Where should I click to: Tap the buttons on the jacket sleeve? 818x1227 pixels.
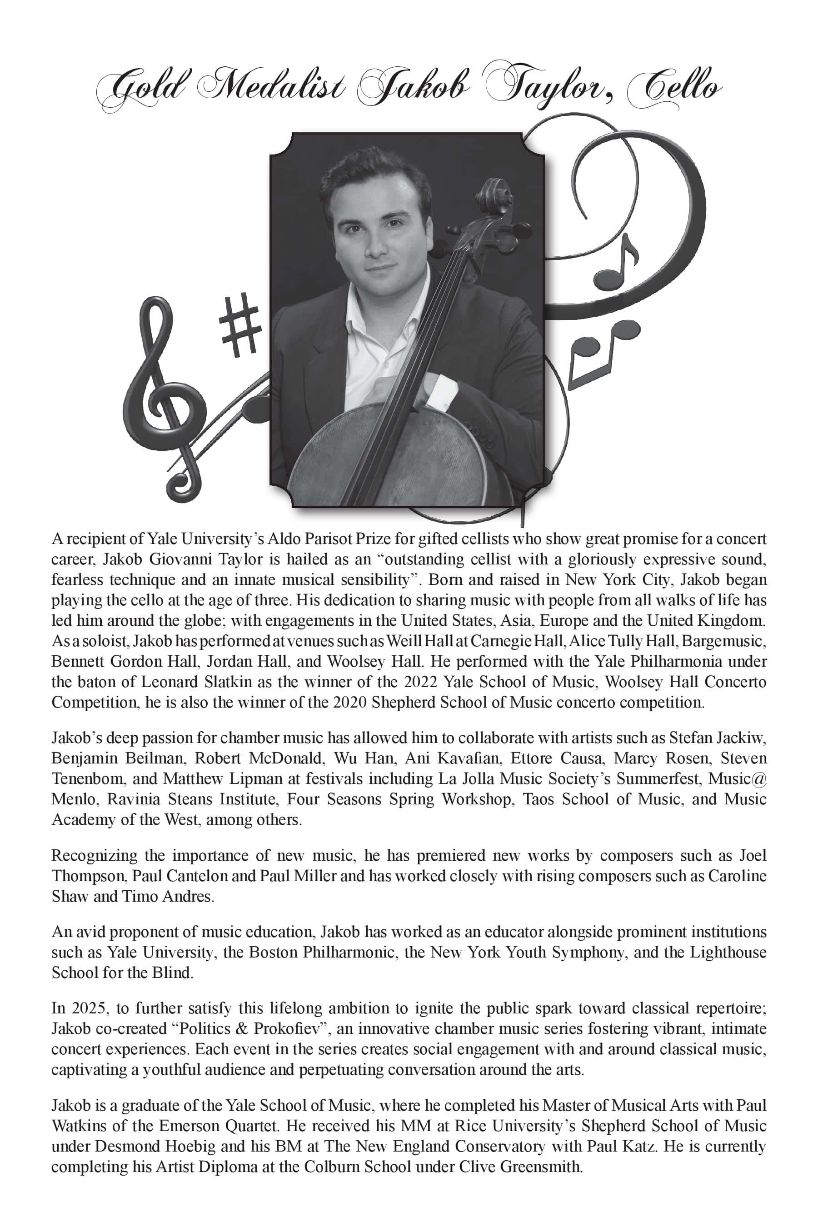(x=483, y=436)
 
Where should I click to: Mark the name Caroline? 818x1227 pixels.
(x=737, y=875)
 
